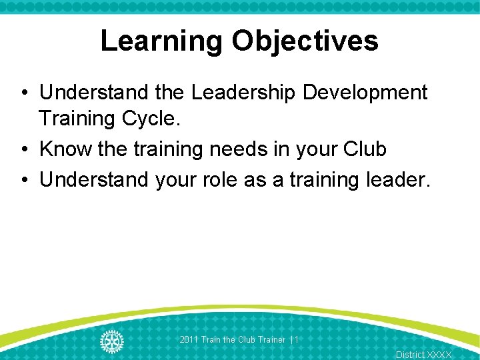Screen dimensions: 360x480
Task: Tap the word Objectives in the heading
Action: [305, 41]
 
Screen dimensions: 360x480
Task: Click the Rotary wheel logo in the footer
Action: [112, 341]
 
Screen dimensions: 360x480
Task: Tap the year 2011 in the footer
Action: [189, 340]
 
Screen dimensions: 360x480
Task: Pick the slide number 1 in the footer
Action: [296, 340]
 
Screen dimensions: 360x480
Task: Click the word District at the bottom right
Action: [409, 355]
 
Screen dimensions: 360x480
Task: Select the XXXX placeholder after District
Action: [439, 355]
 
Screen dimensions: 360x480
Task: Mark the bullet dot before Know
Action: [23, 149]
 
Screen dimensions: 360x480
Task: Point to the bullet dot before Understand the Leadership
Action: [23, 93]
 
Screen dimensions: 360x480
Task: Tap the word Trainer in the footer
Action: [271, 340]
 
